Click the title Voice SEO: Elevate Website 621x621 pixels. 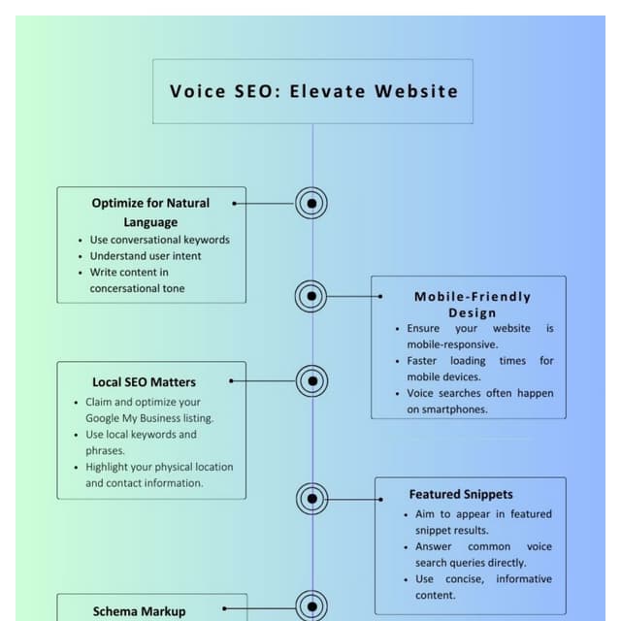[x=313, y=91]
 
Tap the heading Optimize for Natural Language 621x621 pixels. [x=150, y=212]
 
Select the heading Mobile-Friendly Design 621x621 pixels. [x=473, y=304]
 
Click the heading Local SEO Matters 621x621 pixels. [x=144, y=382]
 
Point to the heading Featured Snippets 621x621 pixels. [x=461, y=494]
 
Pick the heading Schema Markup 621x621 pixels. [x=139, y=611]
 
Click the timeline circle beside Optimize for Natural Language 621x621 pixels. [x=311, y=204]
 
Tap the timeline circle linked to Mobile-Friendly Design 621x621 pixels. [x=310, y=296]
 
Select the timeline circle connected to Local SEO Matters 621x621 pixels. [x=311, y=381]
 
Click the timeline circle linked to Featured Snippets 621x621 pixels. [x=311, y=499]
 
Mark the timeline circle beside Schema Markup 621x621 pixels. [x=311, y=606]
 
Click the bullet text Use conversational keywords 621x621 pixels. [x=160, y=240]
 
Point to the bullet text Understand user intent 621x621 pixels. [x=146, y=256]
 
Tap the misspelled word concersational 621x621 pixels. [x=123, y=288]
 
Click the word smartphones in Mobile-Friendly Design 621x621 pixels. [x=456, y=409]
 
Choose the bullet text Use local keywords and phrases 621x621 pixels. [x=141, y=442]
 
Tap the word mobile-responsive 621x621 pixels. [x=452, y=344]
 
